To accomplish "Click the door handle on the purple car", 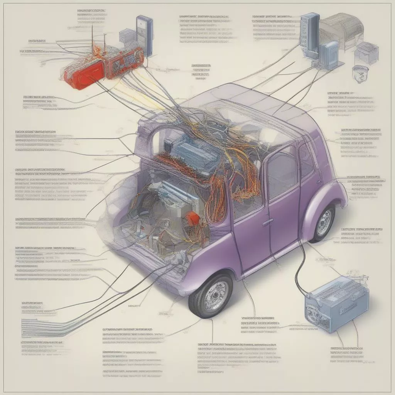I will (x=267, y=223).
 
